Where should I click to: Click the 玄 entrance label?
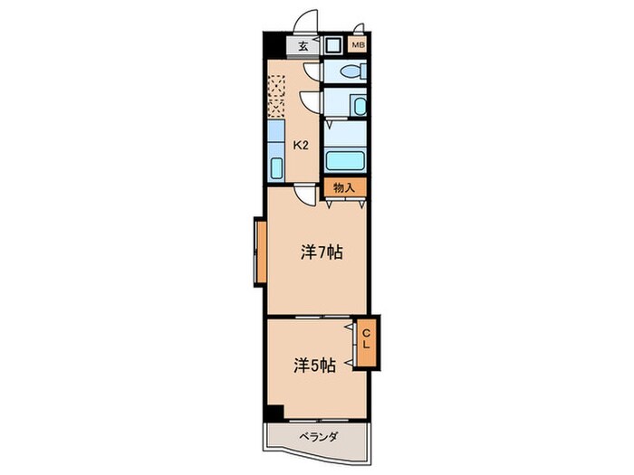[x=303, y=46]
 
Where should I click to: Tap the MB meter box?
[x=358, y=45]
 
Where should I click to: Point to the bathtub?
[x=345, y=160]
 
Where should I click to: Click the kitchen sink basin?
[x=276, y=168]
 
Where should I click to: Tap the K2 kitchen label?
[x=301, y=145]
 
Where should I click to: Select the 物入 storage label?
[x=344, y=187]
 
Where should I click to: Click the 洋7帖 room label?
[x=322, y=252]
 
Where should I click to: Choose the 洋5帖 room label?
[x=314, y=366]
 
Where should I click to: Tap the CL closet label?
[x=366, y=339]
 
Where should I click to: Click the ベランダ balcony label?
[x=319, y=437]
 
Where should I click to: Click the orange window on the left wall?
[x=261, y=252]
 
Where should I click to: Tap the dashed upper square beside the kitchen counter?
[x=276, y=86]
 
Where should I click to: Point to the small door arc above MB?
[x=358, y=27]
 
